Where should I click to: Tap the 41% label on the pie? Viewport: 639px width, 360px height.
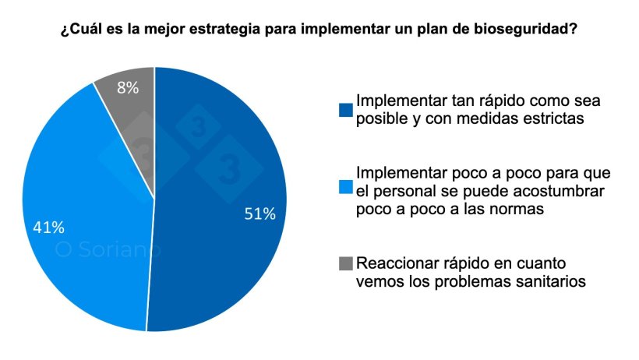(x=48, y=228)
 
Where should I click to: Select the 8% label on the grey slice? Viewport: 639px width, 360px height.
(x=128, y=88)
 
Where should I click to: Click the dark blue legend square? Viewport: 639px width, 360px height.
(x=345, y=110)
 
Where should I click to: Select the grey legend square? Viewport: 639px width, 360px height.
(x=345, y=264)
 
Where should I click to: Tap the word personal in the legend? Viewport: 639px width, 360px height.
(x=397, y=191)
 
